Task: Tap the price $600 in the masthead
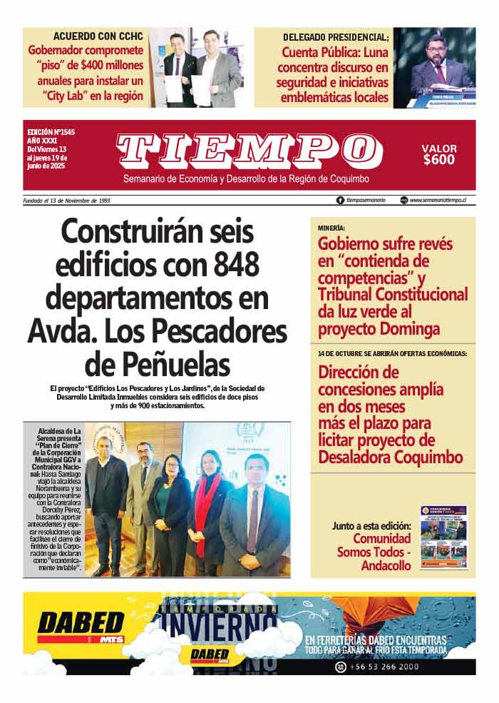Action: pos(438,160)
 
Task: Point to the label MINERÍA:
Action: pos(332,228)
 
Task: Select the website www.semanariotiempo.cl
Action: pos(443,201)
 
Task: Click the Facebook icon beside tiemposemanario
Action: pos(340,201)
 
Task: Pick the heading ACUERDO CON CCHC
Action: pos(98,36)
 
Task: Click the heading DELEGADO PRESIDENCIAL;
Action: pos(336,36)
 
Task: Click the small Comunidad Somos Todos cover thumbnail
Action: pos(443,537)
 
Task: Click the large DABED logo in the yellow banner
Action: pos(81,623)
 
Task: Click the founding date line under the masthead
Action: pos(66,201)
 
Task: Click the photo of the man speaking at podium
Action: pos(434,67)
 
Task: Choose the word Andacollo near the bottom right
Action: pos(386,565)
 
